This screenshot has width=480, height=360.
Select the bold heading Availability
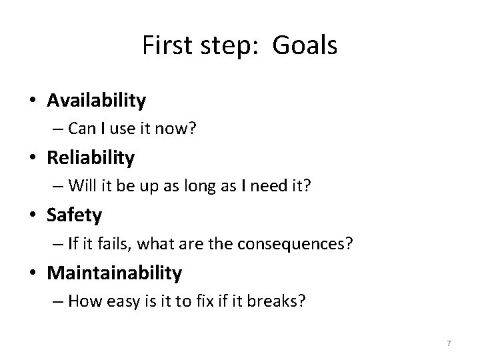96,100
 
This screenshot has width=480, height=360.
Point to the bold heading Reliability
91,157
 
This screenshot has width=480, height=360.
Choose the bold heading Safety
74,215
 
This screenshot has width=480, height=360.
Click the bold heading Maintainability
114,272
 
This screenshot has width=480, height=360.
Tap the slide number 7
449,343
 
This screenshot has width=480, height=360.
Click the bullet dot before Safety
33,216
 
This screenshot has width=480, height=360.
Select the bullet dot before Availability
33,101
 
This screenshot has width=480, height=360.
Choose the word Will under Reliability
81,186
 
